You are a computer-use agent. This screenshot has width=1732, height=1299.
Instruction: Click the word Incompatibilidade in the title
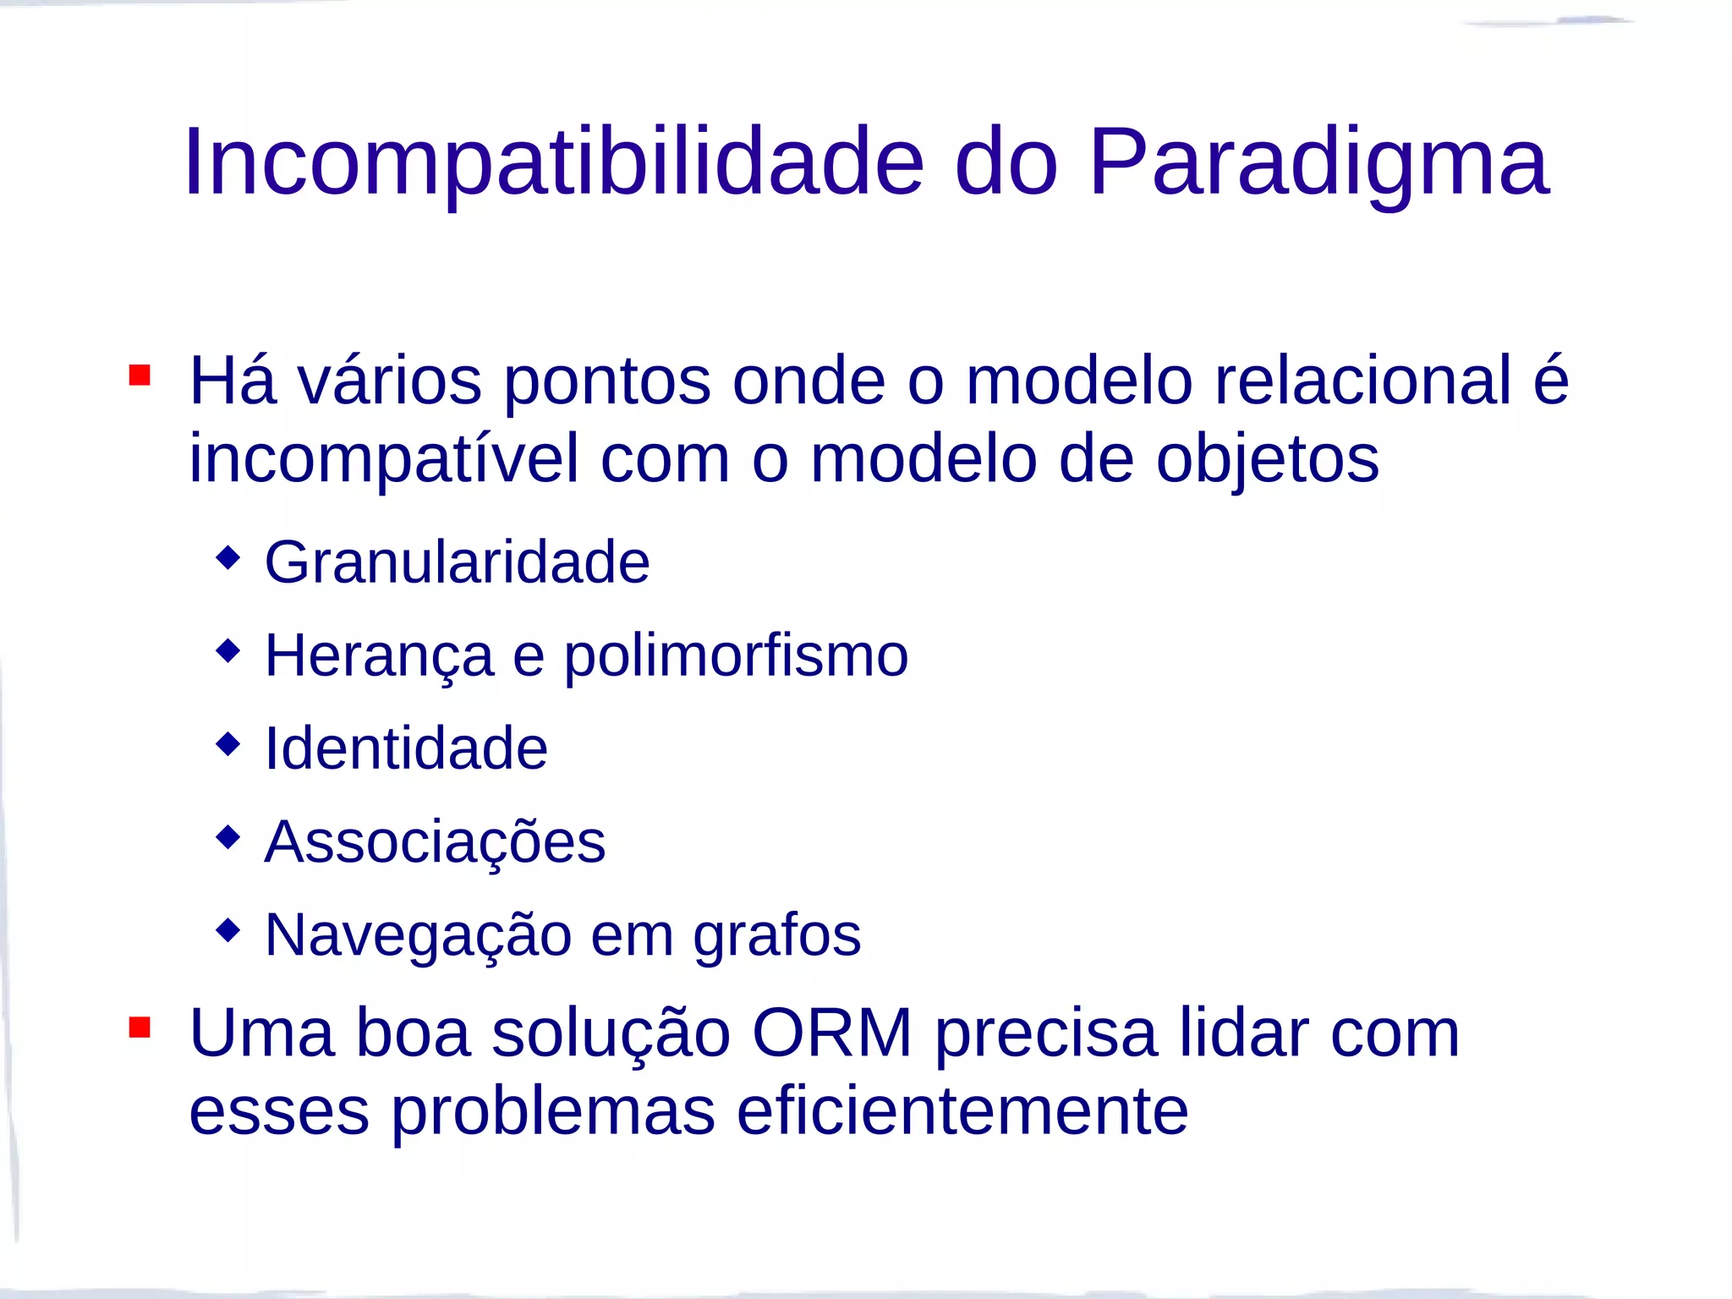point(554,162)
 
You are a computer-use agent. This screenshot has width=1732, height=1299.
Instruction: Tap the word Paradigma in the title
point(1319,162)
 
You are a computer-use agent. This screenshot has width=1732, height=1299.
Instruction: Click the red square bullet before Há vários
point(140,375)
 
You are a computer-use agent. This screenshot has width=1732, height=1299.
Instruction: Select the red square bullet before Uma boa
point(140,1027)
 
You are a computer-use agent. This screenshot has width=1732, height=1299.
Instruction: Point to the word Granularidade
point(457,562)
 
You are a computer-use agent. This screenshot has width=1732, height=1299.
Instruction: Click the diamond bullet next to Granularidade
point(227,557)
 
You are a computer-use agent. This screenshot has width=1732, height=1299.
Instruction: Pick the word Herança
point(379,655)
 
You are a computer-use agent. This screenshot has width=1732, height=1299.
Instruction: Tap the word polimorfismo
point(736,655)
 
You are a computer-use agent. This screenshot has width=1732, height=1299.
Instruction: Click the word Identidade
point(406,748)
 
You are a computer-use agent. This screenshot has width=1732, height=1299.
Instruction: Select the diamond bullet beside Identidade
point(227,744)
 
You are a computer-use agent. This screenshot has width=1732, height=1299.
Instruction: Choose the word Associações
point(435,841)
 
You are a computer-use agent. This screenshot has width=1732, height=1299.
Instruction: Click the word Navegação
point(418,935)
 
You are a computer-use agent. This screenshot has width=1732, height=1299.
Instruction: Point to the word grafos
point(776,935)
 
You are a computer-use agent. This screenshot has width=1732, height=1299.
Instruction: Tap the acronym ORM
point(832,1033)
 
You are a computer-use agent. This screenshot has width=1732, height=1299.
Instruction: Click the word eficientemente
point(962,1110)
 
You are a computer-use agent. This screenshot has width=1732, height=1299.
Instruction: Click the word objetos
point(1267,458)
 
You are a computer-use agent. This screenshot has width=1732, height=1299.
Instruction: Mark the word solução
point(611,1033)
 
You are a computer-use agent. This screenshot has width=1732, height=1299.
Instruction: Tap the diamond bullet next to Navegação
point(227,930)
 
